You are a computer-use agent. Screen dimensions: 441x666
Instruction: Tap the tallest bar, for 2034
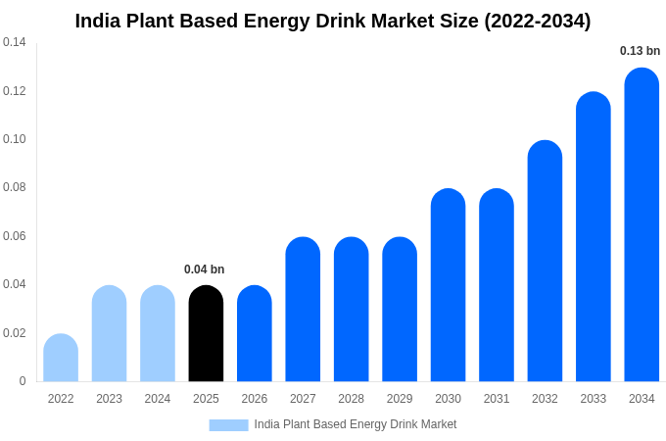coord(642,225)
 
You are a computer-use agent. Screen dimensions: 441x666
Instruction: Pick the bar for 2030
coord(448,285)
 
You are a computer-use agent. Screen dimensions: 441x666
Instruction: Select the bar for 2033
coord(594,237)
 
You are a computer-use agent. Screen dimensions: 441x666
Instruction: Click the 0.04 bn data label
coord(205,269)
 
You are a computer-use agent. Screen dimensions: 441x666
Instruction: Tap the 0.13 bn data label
coord(640,51)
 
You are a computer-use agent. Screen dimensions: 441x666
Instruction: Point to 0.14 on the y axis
coord(15,42)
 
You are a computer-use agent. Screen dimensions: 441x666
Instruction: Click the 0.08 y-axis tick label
coord(15,187)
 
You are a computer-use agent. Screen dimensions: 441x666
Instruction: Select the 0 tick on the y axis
coord(23,381)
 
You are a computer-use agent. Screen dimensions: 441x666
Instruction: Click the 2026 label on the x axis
coord(255,399)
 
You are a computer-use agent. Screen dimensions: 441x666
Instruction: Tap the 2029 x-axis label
coord(400,399)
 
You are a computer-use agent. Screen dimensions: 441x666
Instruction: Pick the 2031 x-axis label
coord(497,399)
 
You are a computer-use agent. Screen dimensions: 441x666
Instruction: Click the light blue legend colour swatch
coord(228,425)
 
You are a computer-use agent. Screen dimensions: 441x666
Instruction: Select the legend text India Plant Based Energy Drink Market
coord(356,424)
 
